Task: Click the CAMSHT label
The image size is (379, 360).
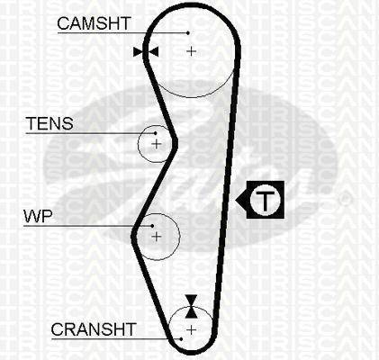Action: coord(94,23)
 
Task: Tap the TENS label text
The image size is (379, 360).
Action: coord(50,123)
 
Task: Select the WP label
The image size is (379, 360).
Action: coord(38,216)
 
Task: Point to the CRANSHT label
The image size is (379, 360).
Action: coord(94,329)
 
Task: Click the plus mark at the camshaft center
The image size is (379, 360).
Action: coord(191,51)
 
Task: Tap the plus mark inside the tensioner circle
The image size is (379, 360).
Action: coord(156,144)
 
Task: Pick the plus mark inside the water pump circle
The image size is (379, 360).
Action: coord(156,237)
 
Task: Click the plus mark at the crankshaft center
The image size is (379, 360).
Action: coord(191,330)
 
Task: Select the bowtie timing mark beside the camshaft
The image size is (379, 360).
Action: coord(146,51)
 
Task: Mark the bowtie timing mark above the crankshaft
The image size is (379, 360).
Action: coord(191,306)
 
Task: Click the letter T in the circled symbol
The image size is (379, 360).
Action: coord(265,200)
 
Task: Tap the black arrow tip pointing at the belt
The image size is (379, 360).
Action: coord(237,200)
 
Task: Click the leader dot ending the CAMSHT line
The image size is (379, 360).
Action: coord(188,32)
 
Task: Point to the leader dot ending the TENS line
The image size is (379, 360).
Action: coord(156,133)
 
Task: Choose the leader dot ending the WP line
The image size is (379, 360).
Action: coord(152,226)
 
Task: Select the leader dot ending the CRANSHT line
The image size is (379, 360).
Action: coord(181,339)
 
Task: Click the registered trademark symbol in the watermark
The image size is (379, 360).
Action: coord(345,199)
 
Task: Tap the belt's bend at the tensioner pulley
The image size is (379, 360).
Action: coord(176,143)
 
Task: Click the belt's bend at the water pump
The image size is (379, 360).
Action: coord(134,236)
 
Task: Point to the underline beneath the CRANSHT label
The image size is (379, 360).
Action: coord(116,339)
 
